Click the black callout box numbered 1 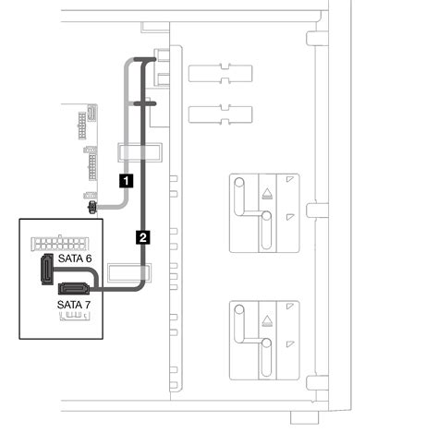coord(127,181)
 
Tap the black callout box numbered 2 coord(143,237)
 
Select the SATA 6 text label coord(75,259)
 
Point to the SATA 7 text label coord(74,305)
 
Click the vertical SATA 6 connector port coord(47,269)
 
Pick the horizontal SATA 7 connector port coord(74,288)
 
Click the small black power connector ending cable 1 coord(92,208)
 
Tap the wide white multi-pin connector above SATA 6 coord(59,243)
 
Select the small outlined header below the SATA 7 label coord(75,316)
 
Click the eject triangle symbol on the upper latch coord(267,194)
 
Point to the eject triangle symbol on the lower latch coord(267,320)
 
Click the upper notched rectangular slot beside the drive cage coord(221,73)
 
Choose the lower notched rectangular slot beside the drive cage coord(221,114)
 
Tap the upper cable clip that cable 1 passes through coord(140,152)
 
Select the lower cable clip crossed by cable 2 coord(129,272)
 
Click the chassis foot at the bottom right coord(305,417)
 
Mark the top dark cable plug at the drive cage coord(145,59)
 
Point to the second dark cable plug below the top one coord(145,104)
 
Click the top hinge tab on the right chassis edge coord(317,38)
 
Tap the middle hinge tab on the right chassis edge coord(317,210)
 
